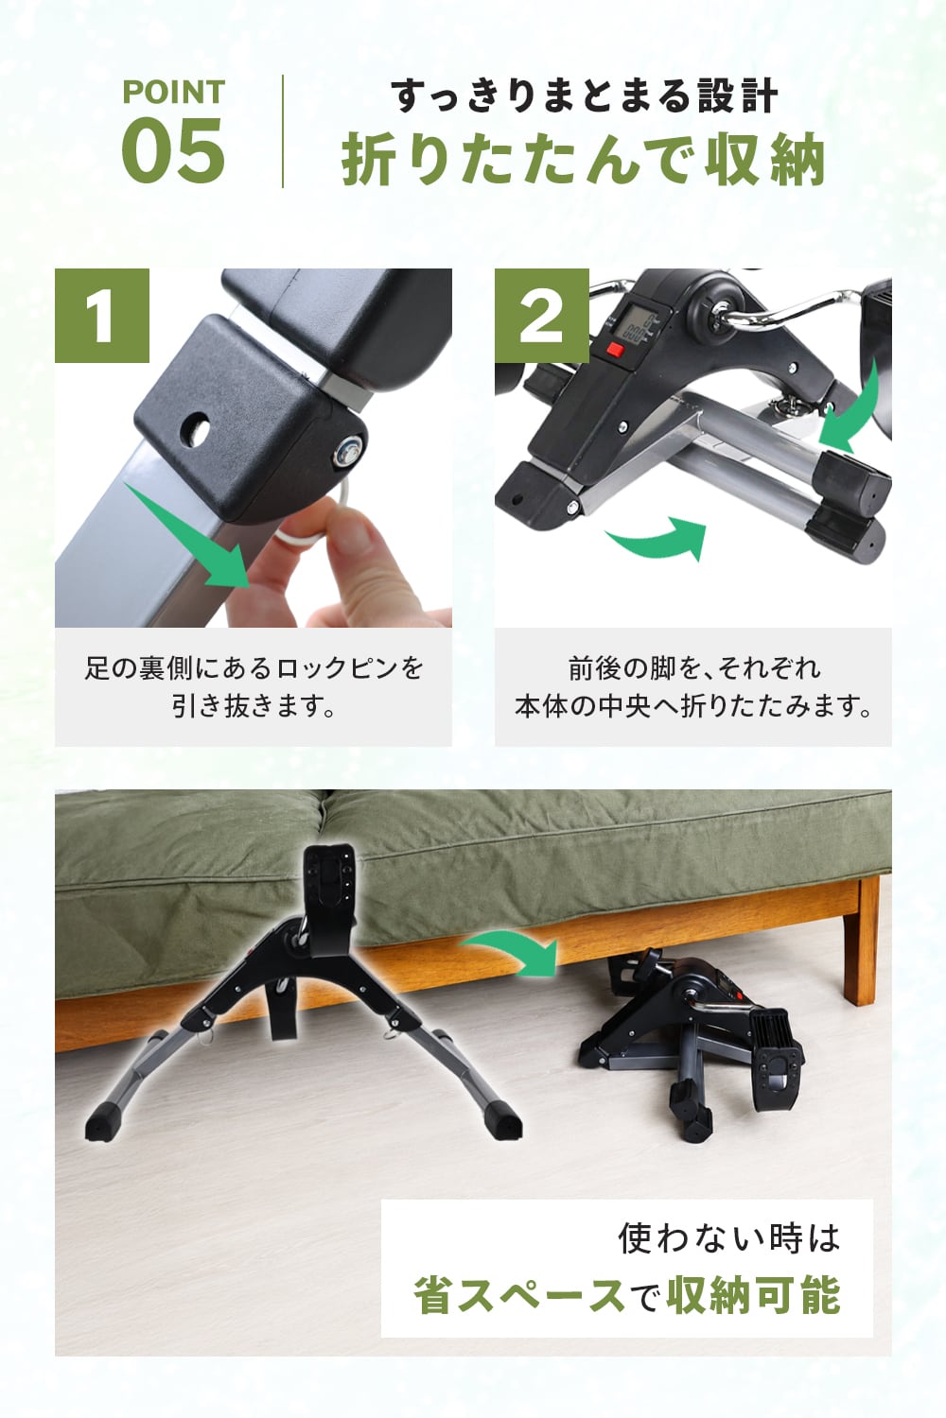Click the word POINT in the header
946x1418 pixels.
point(174,92)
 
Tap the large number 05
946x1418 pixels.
point(173,151)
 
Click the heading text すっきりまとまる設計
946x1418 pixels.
point(584,96)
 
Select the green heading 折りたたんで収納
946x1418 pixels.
point(584,161)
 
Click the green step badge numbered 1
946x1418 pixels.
point(102,316)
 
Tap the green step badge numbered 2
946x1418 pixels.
point(542,316)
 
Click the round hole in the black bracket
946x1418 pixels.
point(196,428)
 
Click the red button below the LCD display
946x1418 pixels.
point(615,350)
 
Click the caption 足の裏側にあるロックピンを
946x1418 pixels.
point(254,667)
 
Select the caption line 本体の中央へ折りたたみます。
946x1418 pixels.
point(693,706)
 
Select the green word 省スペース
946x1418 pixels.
point(519,1296)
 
